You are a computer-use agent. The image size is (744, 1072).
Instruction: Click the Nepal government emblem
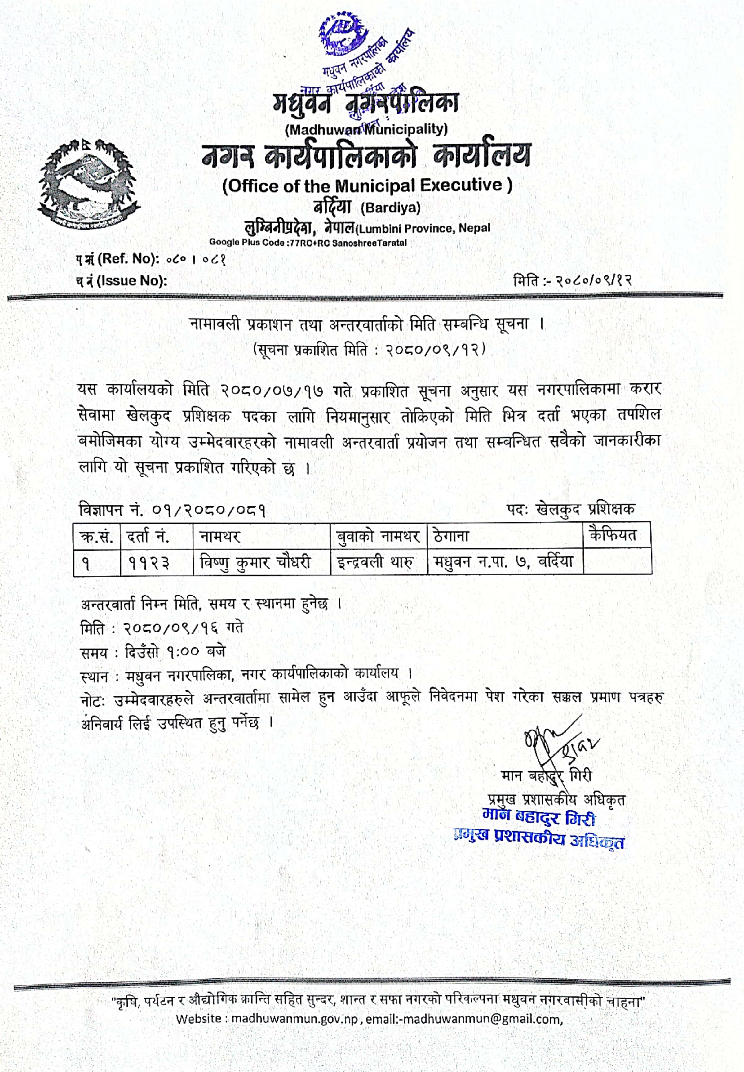pyautogui.click(x=89, y=184)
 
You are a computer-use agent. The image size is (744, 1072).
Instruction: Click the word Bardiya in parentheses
pyautogui.click(x=390, y=208)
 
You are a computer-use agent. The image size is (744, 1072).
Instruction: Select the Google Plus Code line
pyautogui.click(x=308, y=243)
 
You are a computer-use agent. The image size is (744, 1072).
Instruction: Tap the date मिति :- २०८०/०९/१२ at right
pyautogui.click(x=573, y=281)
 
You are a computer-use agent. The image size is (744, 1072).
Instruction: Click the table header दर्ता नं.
pyautogui.click(x=148, y=537)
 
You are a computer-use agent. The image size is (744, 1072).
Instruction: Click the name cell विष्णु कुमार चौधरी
pyautogui.click(x=255, y=563)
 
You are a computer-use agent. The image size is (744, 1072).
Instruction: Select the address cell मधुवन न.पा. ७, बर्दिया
pyautogui.click(x=503, y=562)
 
